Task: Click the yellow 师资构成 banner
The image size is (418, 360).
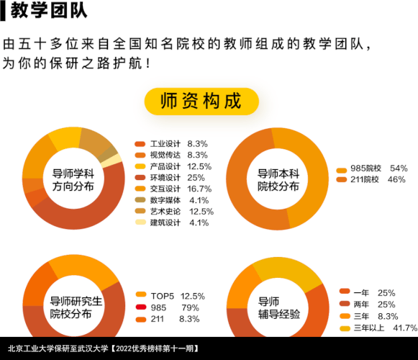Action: click(201, 102)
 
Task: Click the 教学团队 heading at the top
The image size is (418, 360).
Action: click(49, 11)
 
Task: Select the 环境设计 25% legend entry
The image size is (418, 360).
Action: click(170, 178)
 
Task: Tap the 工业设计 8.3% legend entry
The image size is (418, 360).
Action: click(171, 144)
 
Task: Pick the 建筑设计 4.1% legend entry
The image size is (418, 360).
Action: click(172, 222)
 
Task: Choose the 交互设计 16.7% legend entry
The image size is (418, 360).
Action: click(173, 189)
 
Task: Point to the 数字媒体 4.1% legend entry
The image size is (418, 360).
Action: click(172, 200)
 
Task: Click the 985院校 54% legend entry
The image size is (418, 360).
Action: click(372, 168)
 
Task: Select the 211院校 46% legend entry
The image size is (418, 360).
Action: click(371, 179)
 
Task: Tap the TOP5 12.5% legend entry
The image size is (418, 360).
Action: click(171, 296)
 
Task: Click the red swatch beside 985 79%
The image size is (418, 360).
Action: click(141, 307)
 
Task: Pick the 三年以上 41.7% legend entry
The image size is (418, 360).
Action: click(378, 328)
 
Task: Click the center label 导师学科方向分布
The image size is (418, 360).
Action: click(73, 180)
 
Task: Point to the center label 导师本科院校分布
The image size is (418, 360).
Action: click(278, 180)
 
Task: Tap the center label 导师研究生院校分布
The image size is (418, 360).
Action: click(76, 307)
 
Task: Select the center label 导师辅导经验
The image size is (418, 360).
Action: click(279, 307)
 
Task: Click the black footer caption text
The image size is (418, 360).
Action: click(104, 348)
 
